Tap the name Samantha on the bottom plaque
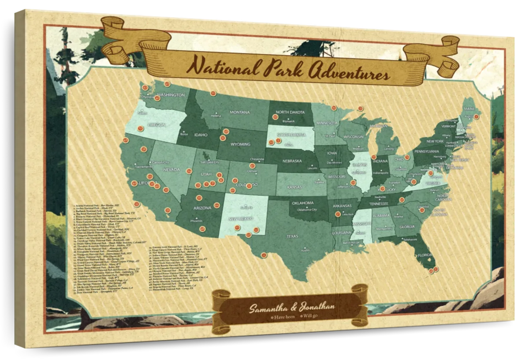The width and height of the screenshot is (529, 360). (x=267, y=308)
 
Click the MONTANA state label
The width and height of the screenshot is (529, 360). (x=239, y=112)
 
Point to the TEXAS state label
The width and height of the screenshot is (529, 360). (x=292, y=236)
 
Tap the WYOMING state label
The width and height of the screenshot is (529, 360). (x=240, y=144)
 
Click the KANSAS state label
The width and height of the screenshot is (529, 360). (x=294, y=187)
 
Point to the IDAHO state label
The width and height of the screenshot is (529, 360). (x=201, y=135)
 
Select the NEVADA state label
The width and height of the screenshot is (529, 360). (x=171, y=169)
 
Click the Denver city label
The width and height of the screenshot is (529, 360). (x=253, y=171)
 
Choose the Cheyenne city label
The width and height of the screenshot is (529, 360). (x=257, y=159)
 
